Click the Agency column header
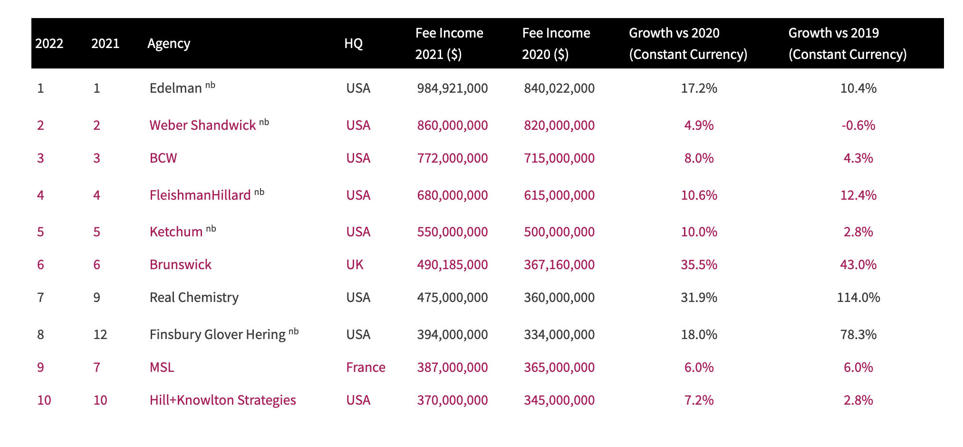point(169,43)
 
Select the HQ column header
point(353,43)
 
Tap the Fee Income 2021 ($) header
point(449,43)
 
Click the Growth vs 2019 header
point(847,43)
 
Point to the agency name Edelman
point(176,88)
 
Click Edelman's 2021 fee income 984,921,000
point(452,88)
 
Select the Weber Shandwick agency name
point(202,125)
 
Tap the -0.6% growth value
point(858,125)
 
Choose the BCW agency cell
point(163,158)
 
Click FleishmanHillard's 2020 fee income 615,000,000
point(559,195)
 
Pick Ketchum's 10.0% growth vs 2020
point(699,232)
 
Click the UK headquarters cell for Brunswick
point(355,264)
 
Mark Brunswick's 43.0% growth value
point(858,264)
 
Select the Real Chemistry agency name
point(194,297)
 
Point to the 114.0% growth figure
point(858,297)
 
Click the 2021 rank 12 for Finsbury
point(100,334)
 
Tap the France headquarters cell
point(366,367)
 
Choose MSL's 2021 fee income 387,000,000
point(452,367)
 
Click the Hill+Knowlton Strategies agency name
point(222,400)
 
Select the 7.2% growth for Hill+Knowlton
point(699,400)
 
